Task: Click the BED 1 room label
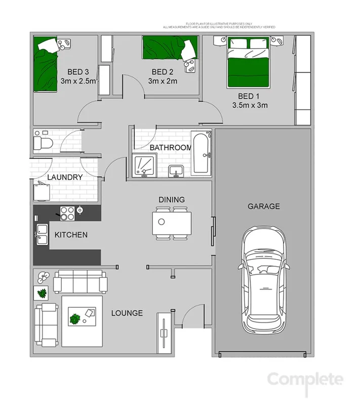[249, 96]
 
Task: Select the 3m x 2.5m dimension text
[78, 81]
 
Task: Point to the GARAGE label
[263, 206]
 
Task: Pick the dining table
[172, 223]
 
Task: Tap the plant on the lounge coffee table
[75, 319]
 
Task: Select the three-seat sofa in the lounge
[80, 281]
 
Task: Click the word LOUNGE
[127, 313]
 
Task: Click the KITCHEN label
[71, 235]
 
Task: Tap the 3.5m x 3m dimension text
[250, 106]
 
